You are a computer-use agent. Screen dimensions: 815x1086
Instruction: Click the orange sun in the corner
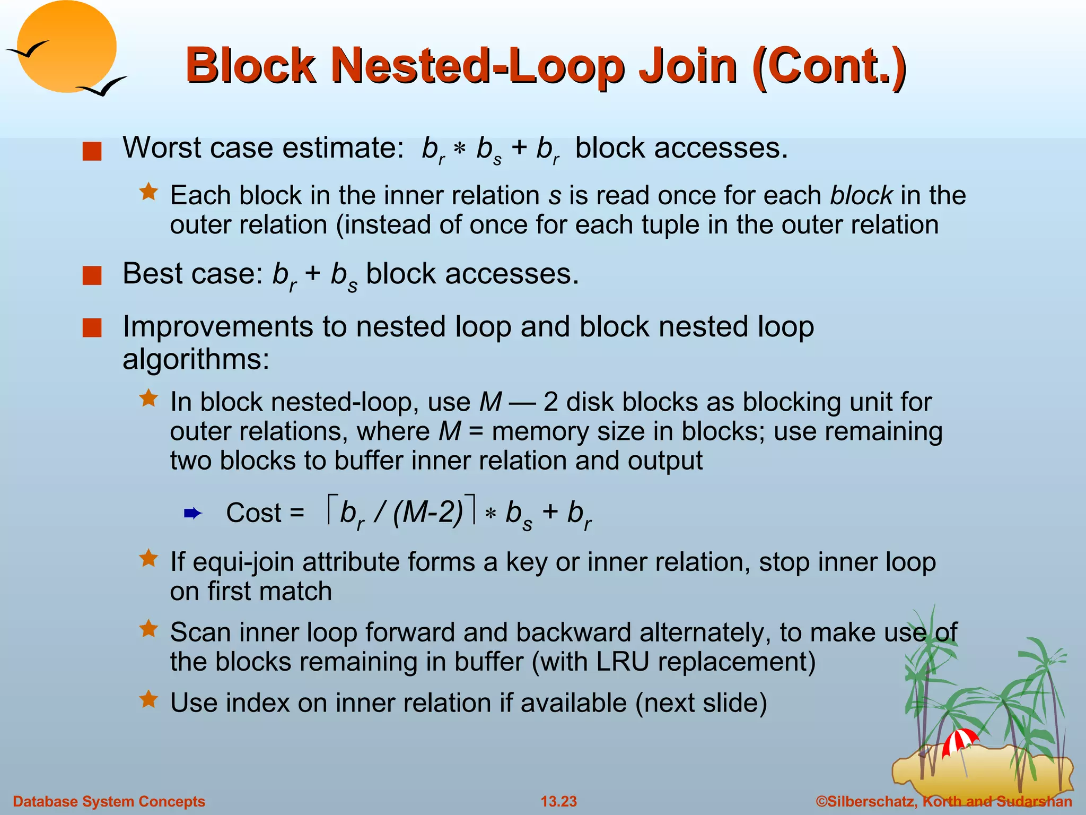[66, 47]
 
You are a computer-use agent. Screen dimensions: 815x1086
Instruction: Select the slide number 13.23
[558, 801]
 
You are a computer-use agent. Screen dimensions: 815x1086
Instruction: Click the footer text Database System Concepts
[109, 801]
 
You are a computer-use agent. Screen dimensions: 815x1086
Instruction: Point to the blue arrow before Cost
[192, 513]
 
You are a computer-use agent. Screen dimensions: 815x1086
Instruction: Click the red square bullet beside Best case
[92, 276]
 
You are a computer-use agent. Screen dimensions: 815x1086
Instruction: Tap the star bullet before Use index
[148, 700]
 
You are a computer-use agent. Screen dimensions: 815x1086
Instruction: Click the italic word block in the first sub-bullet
[861, 195]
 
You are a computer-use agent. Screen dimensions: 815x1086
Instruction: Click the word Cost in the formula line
[253, 513]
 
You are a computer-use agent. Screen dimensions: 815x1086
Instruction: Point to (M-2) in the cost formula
[428, 513]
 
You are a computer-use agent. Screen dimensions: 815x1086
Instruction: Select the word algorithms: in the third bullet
[196, 359]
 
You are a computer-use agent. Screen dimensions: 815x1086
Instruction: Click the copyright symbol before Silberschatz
[821, 801]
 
